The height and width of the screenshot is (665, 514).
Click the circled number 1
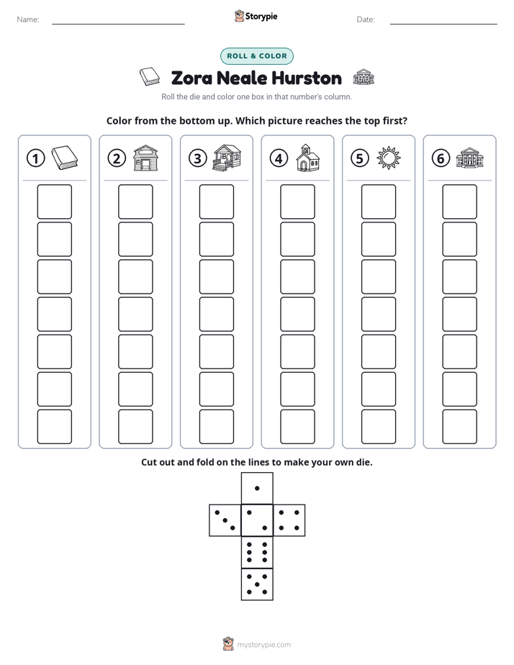tap(35, 158)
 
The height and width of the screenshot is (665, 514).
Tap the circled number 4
tap(279, 158)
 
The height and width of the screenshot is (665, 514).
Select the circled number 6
tap(441, 158)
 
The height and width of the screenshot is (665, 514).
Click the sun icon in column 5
tap(389, 158)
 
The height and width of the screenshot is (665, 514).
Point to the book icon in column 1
tap(65, 158)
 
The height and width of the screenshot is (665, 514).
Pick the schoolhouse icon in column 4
tap(308, 158)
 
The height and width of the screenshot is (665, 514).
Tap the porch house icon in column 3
tap(227, 158)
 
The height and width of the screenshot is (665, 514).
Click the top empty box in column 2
tap(135, 202)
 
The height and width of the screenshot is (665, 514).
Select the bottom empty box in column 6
tap(459, 427)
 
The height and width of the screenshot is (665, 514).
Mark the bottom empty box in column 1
tap(54, 427)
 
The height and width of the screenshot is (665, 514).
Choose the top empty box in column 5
tap(378, 202)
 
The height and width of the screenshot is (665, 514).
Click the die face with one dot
tap(257, 488)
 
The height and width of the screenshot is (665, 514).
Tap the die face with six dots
tap(257, 552)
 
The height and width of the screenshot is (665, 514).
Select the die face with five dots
tap(257, 584)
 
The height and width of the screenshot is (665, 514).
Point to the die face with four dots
tap(289, 520)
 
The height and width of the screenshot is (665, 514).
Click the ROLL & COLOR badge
tap(256, 56)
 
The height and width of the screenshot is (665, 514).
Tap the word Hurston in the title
tap(307, 78)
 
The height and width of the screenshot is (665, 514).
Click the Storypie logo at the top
tap(256, 17)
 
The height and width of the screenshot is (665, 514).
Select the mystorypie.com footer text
tap(263, 645)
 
